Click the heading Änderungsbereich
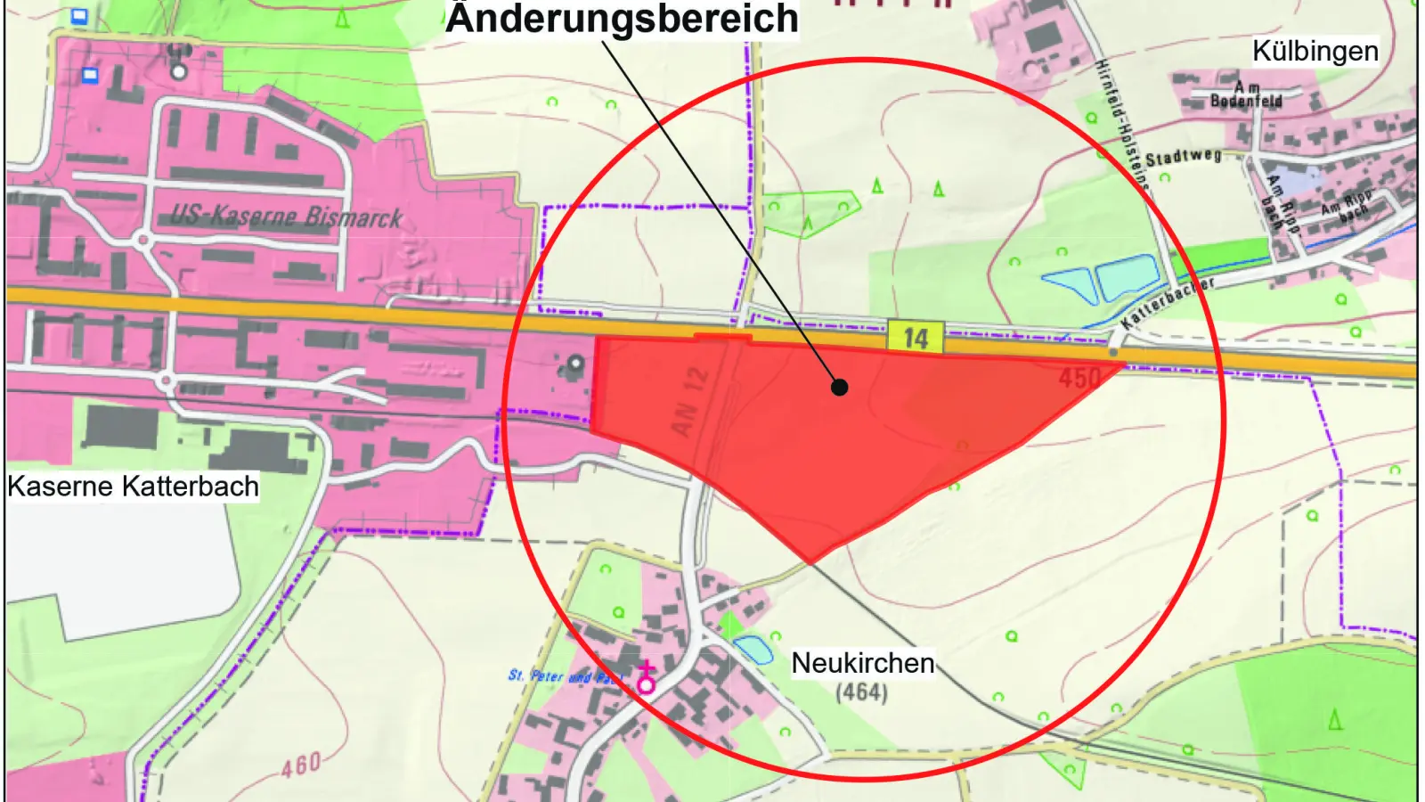pos(622,18)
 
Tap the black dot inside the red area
pos(839,387)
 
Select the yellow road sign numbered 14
pos(916,338)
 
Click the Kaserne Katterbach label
pos(134,487)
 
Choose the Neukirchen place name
pos(863,663)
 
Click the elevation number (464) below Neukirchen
pos(861,692)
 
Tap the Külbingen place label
pos(1315,51)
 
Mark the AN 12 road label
pos(689,402)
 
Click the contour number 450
pos(1080,378)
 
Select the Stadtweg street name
pos(1183,158)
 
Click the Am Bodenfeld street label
pos(1247,94)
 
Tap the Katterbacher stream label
pos(1168,303)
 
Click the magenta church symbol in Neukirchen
pos(646,681)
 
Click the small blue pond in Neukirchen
pos(753,650)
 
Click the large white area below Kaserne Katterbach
pos(125,561)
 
